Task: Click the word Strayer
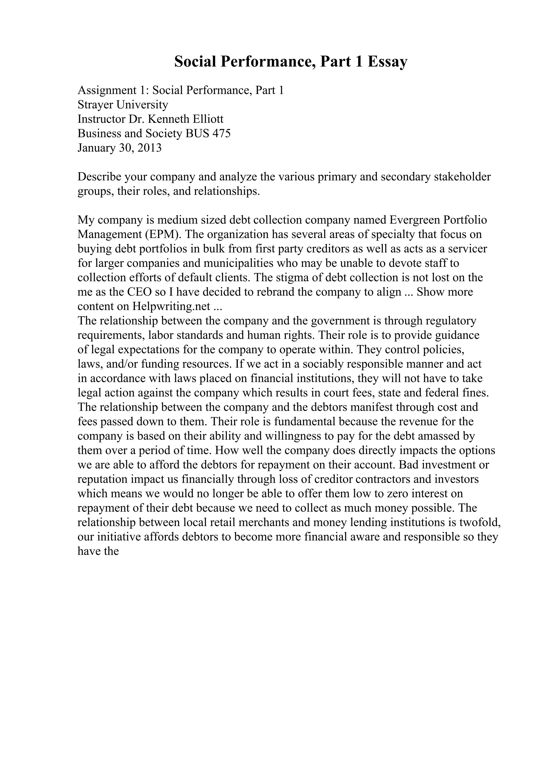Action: (96, 105)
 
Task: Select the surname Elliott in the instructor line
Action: (208, 119)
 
